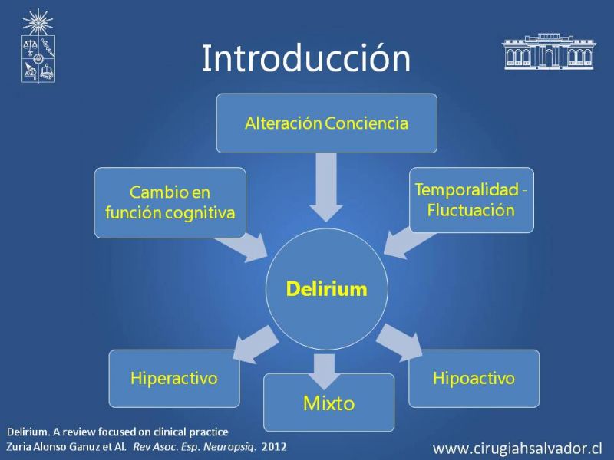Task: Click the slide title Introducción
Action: point(306,58)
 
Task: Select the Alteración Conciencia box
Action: point(327,123)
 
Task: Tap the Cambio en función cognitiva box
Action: point(170,202)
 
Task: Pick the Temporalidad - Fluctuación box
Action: point(471,200)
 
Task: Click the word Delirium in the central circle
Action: point(327,289)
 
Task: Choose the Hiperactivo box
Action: point(174,378)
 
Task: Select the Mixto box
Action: point(329,403)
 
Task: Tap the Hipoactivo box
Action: point(474,378)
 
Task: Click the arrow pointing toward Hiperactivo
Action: point(256,344)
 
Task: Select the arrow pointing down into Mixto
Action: point(324,372)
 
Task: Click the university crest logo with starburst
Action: point(38,46)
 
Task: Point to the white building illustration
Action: point(549,51)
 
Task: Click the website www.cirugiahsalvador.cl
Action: point(517,449)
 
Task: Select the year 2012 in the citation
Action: point(274,446)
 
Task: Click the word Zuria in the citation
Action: point(18,446)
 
